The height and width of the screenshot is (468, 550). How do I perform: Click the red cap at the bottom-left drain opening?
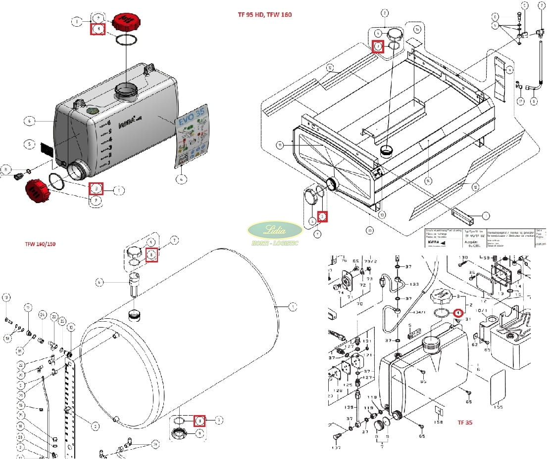click(38, 191)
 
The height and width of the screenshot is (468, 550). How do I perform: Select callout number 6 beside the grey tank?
click(30, 121)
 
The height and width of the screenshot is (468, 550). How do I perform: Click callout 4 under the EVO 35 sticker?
click(182, 179)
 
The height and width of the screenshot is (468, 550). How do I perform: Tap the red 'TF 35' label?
click(465, 423)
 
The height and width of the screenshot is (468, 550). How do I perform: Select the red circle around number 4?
click(458, 313)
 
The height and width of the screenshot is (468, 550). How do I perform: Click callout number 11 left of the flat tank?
click(280, 145)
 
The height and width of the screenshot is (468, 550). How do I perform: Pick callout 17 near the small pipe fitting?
click(520, 101)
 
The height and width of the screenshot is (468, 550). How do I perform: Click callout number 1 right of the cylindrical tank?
click(293, 307)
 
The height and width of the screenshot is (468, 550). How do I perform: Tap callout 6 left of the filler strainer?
click(100, 282)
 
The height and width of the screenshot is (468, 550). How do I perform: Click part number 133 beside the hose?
click(414, 285)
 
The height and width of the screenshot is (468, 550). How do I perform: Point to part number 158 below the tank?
click(438, 422)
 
